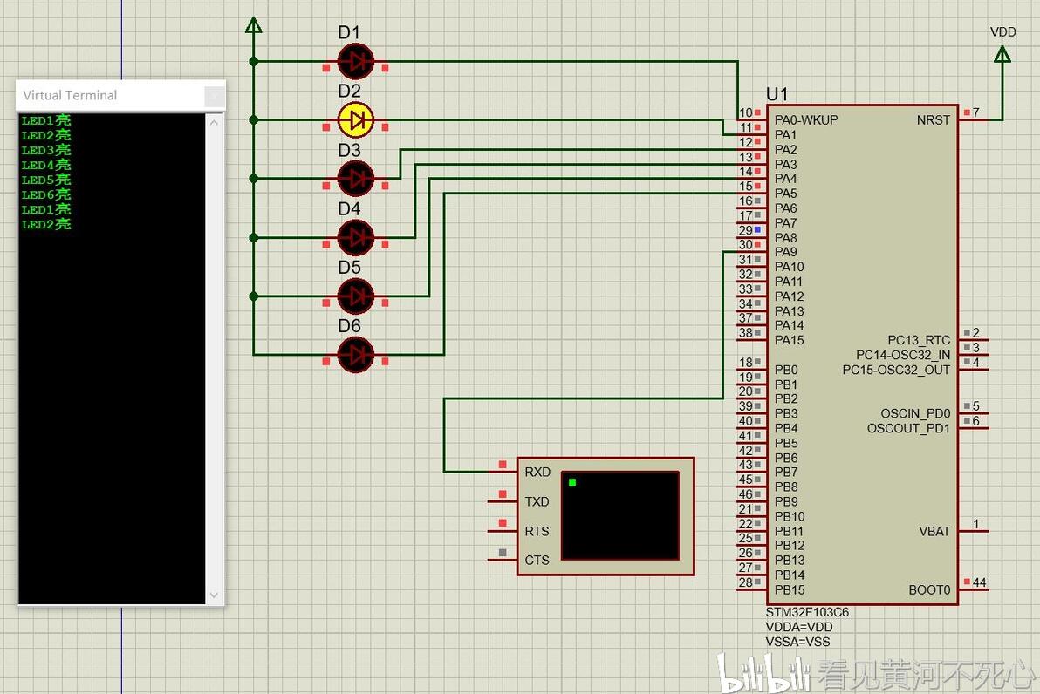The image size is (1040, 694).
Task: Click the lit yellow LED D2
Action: click(x=356, y=119)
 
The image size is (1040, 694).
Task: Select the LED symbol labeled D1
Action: click(x=356, y=61)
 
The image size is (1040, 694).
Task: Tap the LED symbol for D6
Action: click(x=356, y=354)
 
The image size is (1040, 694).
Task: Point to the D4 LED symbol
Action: click(x=356, y=236)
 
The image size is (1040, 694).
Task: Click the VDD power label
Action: click(x=1002, y=31)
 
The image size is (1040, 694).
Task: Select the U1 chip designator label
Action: click(x=777, y=94)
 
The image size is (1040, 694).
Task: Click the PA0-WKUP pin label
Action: click(x=806, y=120)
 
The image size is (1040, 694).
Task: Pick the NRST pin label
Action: click(x=934, y=120)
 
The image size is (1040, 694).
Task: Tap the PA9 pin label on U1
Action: click(x=786, y=252)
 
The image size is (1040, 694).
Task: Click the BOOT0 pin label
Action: click(x=929, y=590)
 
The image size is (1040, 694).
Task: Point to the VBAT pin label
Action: click(x=934, y=531)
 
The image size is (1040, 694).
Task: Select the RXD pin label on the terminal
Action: click(x=537, y=472)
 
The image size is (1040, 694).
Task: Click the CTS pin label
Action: click(x=537, y=560)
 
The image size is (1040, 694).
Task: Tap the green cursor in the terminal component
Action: click(x=572, y=482)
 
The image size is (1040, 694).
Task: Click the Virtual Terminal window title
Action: click(x=70, y=95)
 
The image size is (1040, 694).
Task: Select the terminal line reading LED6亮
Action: click(x=46, y=194)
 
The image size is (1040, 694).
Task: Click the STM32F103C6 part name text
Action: click(x=807, y=612)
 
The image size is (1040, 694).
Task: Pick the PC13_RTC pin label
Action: click(x=919, y=340)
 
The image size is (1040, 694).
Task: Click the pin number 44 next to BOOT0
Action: click(x=980, y=582)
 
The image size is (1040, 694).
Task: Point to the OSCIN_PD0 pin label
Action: click(x=915, y=413)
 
